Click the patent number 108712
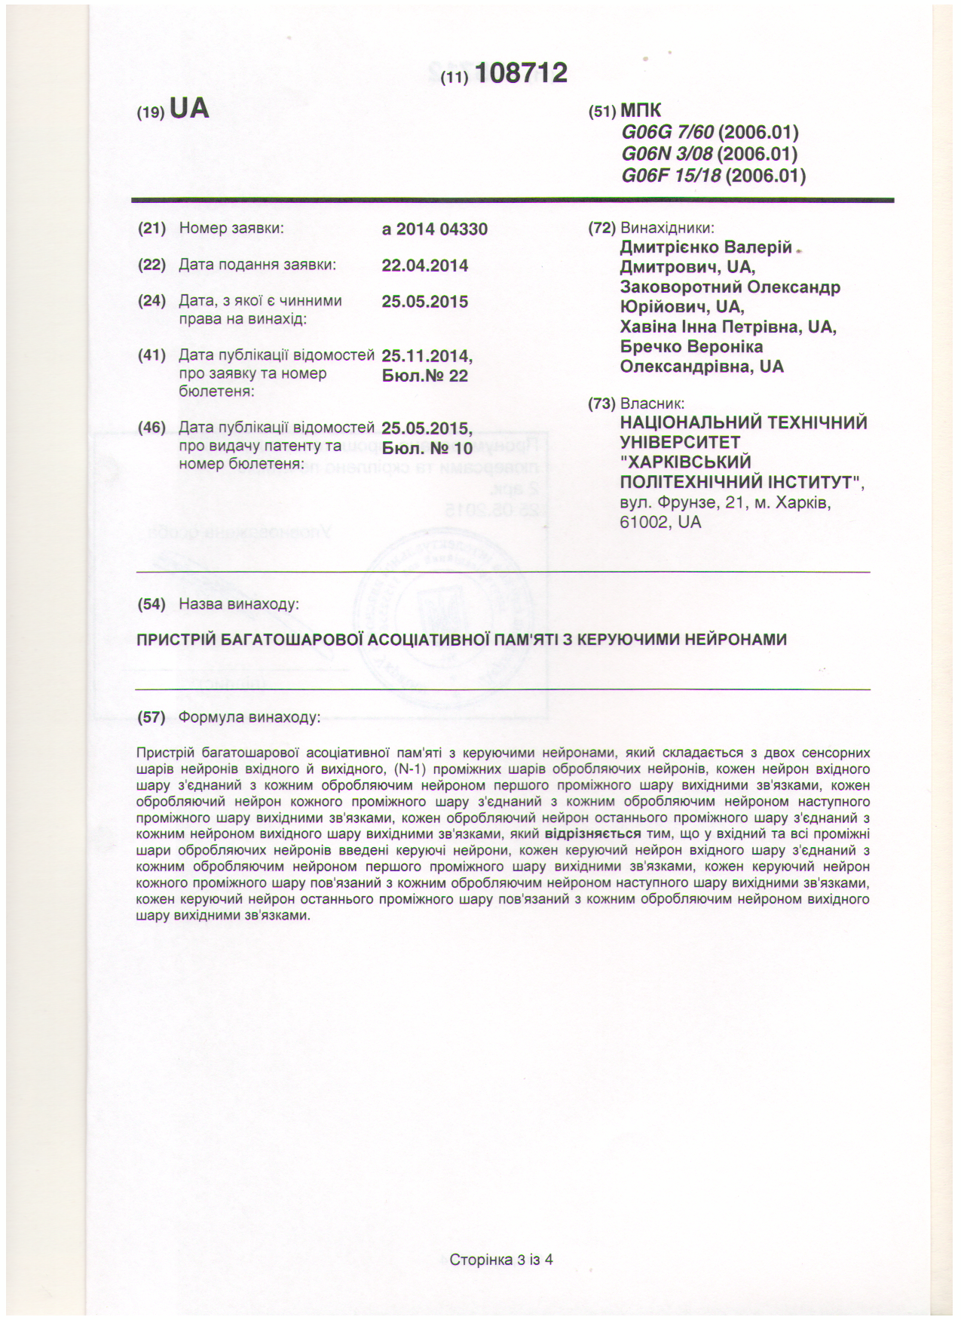click(521, 73)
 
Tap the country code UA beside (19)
click(189, 109)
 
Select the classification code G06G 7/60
click(667, 133)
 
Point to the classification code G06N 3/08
click(667, 155)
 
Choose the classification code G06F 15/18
click(671, 177)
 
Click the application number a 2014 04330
click(435, 229)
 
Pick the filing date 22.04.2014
click(425, 266)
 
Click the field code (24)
click(151, 301)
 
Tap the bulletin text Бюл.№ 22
click(425, 376)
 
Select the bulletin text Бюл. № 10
click(427, 448)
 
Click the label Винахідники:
click(667, 229)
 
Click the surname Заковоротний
click(681, 287)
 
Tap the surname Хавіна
click(647, 327)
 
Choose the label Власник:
click(652, 404)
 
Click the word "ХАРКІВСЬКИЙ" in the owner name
click(685, 462)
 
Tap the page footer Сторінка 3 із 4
click(501, 1260)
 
